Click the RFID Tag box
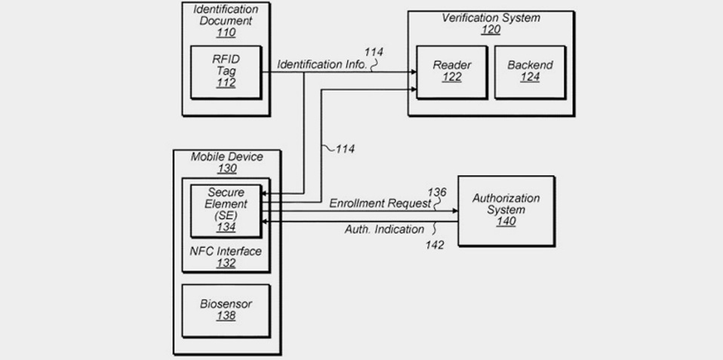click(x=226, y=72)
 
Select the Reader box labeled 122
click(x=451, y=71)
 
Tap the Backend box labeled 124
click(x=529, y=71)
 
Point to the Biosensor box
click(x=226, y=309)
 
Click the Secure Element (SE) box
click(x=226, y=209)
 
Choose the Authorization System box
click(x=506, y=210)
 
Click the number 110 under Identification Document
click(x=225, y=32)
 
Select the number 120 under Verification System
click(x=491, y=30)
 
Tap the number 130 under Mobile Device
click(x=226, y=169)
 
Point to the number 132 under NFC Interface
click(x=226, y=263)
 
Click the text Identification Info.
click(x=322, y=65)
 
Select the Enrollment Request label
click(x=380, y=204)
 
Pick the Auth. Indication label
click(x=385, y=229)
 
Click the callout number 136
click(x=438, y=192)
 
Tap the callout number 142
click(x=434, y=245)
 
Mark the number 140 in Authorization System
click(x=506, y=222)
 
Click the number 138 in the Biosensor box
click(x=226, y=316)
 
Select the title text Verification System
click(x=491, y=17)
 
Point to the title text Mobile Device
click(x=226, y=157)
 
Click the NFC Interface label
click(x=226, y=251)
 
